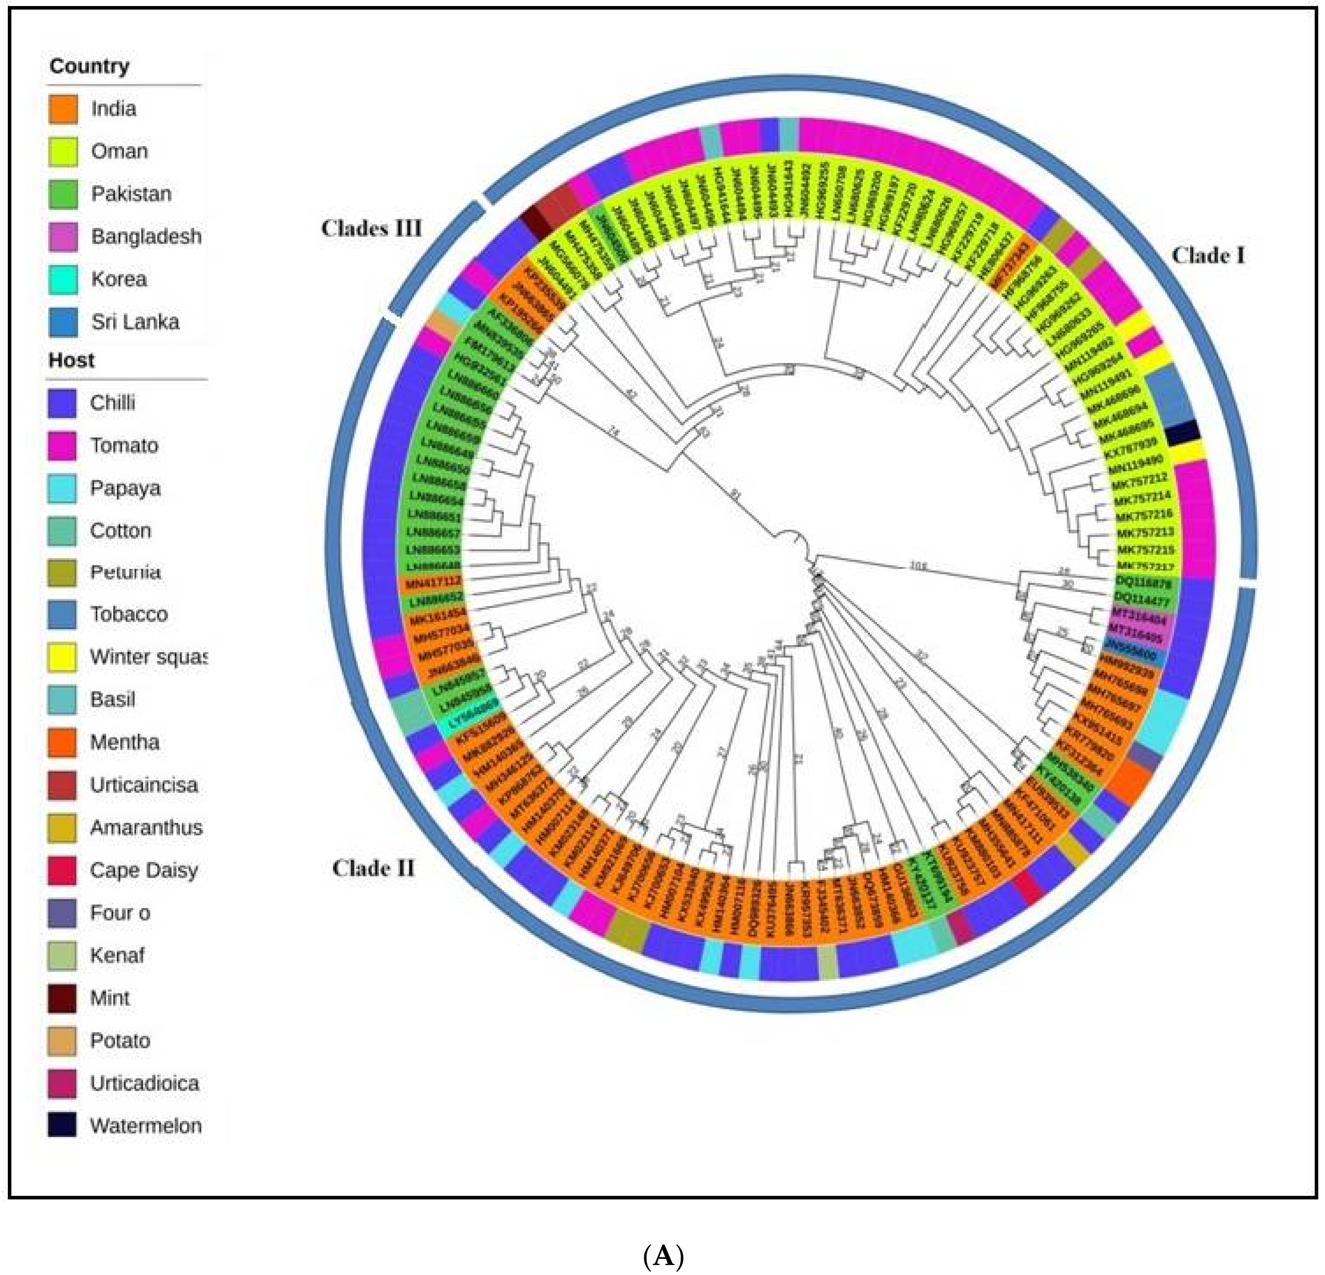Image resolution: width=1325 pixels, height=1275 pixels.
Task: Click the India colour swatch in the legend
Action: (x=63, y=109)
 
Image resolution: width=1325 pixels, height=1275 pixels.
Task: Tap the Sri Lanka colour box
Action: (x=63, y=322)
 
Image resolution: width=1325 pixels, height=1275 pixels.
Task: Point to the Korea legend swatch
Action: (x=63, y=279)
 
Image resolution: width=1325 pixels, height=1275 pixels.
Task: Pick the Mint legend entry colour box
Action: (x=61, y=998)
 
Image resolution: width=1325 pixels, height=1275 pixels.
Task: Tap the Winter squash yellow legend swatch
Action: (x=61, y=657)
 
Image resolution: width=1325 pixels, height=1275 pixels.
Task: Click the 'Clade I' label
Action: (x=1208, y=255)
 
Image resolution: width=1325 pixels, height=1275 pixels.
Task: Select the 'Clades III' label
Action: (x=371, y=229)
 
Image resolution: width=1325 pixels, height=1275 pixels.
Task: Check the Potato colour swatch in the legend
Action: (x=61, y=1040)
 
